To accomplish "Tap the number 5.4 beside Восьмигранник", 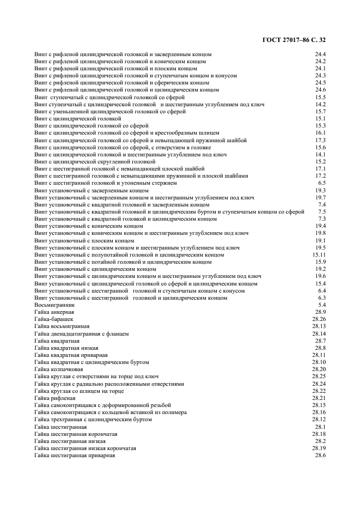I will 322,306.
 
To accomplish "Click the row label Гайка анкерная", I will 54,313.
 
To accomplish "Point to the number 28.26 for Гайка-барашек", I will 319,319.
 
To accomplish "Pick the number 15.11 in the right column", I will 319,255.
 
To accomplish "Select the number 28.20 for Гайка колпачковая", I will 319,369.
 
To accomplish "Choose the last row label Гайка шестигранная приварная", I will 75,455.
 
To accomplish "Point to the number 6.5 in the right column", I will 322,184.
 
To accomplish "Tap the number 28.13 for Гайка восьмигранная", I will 319,326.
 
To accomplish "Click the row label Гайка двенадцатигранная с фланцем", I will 82,333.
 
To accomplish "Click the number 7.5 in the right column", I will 322,212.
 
